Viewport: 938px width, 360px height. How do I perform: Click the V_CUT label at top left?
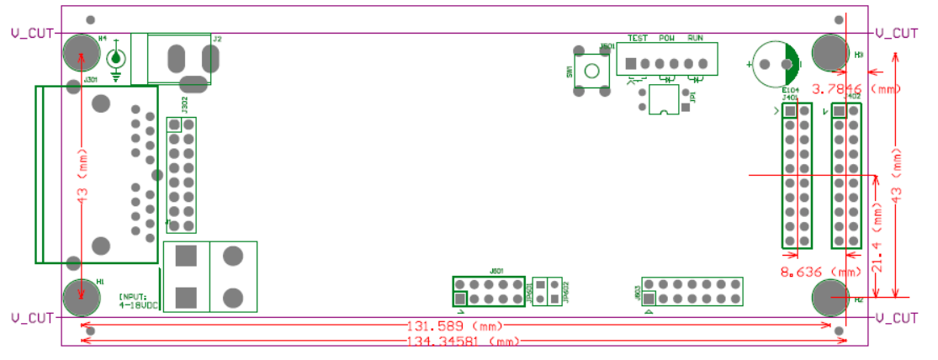31,34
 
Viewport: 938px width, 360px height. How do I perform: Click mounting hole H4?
81,52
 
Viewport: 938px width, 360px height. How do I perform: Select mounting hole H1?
81,296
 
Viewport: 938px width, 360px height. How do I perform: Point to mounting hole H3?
829,52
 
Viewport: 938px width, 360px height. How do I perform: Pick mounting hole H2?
829,296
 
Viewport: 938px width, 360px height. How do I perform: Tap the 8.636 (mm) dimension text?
821,273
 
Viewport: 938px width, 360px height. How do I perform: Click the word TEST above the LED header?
638,39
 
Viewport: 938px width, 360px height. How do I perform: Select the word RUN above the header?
696,39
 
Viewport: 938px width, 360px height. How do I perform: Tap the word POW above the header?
667,39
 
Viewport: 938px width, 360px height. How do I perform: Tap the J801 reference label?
496,272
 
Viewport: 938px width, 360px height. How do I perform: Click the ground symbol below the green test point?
116,77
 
